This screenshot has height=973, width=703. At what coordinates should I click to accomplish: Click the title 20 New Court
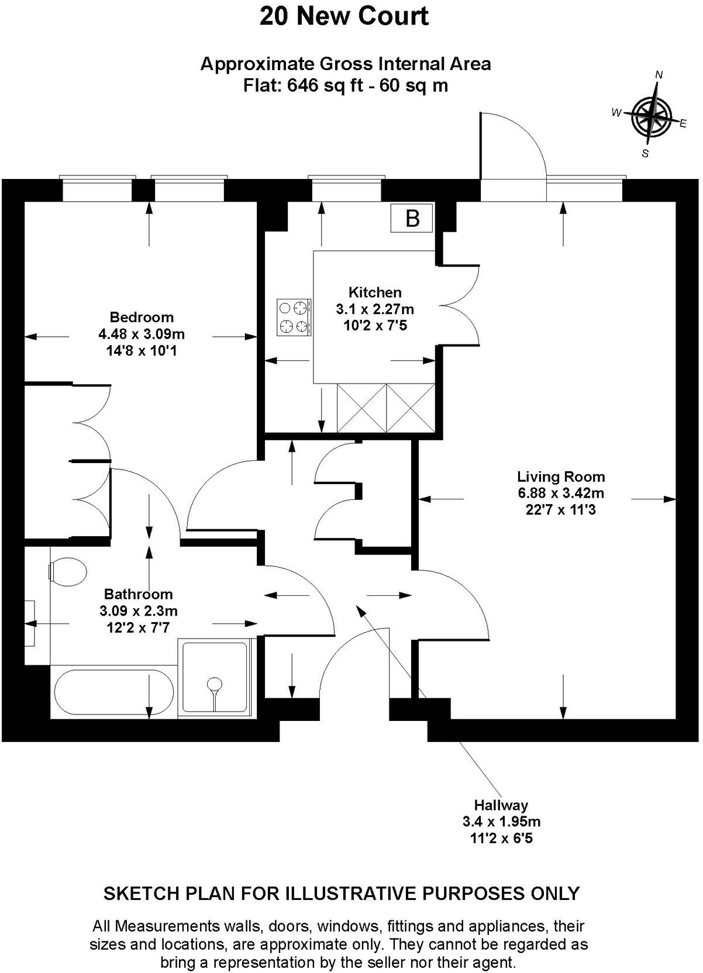tap(344, 16)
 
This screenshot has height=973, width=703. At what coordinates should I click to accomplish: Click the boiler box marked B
tap(412, 219)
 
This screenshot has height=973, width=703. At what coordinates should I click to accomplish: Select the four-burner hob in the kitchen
tap(294, 318)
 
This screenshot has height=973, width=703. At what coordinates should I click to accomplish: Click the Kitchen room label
tap(375, 292)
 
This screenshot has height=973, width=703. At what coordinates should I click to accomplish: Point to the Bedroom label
tap(142, 318)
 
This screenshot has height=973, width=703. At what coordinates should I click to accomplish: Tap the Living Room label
tap(560, 477)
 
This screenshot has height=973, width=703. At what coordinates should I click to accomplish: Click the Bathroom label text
tap(139, 594)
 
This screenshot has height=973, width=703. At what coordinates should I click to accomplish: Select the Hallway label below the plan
tap(501, 805)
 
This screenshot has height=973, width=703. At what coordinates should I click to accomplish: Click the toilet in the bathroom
tap(67, 571)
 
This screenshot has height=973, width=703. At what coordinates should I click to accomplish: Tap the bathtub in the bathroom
tap(113, 694)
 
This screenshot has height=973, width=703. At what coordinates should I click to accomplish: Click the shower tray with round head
tap(215, 678)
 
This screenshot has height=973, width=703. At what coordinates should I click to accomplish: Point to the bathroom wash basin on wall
tap(29, 623)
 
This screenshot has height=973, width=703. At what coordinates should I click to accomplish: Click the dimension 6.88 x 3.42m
tap(560, 493)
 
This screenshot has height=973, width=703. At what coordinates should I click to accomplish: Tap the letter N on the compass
tap(659, 75)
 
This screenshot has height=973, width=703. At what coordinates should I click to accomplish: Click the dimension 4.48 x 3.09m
tap(142, 334)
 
